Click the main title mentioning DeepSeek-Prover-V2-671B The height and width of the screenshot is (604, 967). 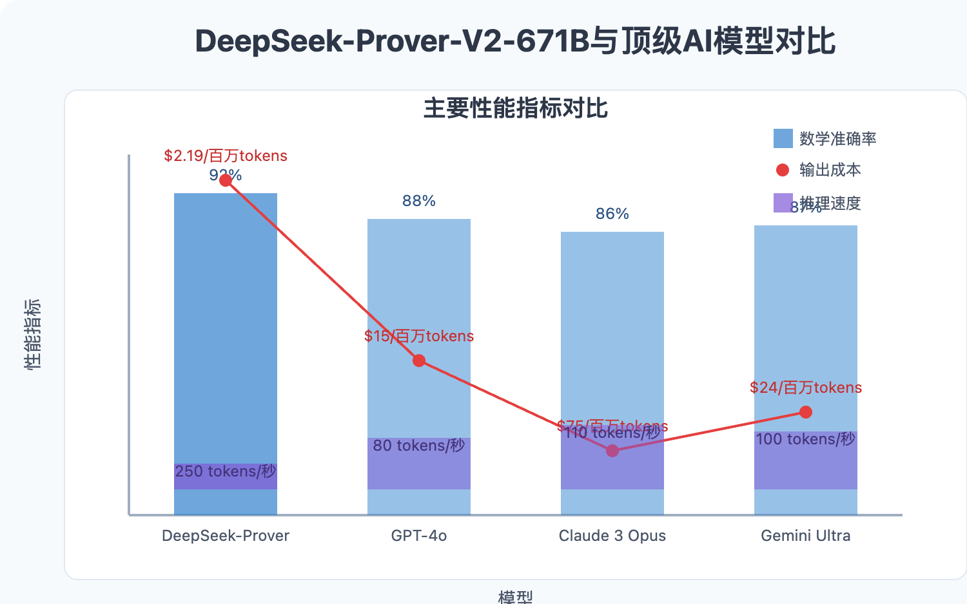[515, 41]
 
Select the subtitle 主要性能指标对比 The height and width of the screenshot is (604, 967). [515, 108]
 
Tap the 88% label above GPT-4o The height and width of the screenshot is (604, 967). [419, 201]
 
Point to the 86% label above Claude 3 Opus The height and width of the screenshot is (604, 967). [612, 214]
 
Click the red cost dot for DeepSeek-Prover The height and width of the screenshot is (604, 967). [226, 180]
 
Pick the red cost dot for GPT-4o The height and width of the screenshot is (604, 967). [419, 361]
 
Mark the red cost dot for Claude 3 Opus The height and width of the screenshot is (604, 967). [612, 451]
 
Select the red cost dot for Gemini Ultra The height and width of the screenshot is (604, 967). [806, 412]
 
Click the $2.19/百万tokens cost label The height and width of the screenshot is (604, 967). [226, 156]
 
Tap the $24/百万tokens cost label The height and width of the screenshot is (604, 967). [806, 388]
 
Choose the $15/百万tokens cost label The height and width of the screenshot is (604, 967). [419, 336]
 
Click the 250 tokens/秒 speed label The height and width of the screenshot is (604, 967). [226, 471]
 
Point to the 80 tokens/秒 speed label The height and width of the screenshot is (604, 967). [419, 446]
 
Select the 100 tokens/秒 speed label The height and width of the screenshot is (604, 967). [806, 439]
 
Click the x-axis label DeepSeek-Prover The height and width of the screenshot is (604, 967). [226, 536]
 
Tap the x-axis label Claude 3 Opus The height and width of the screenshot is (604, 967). [612, 536]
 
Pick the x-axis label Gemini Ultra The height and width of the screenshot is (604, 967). [806, 536]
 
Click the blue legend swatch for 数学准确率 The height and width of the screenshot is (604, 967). [783, 138]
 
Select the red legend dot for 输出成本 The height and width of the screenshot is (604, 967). [783, 170]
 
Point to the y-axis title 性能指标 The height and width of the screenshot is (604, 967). [32, 334]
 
